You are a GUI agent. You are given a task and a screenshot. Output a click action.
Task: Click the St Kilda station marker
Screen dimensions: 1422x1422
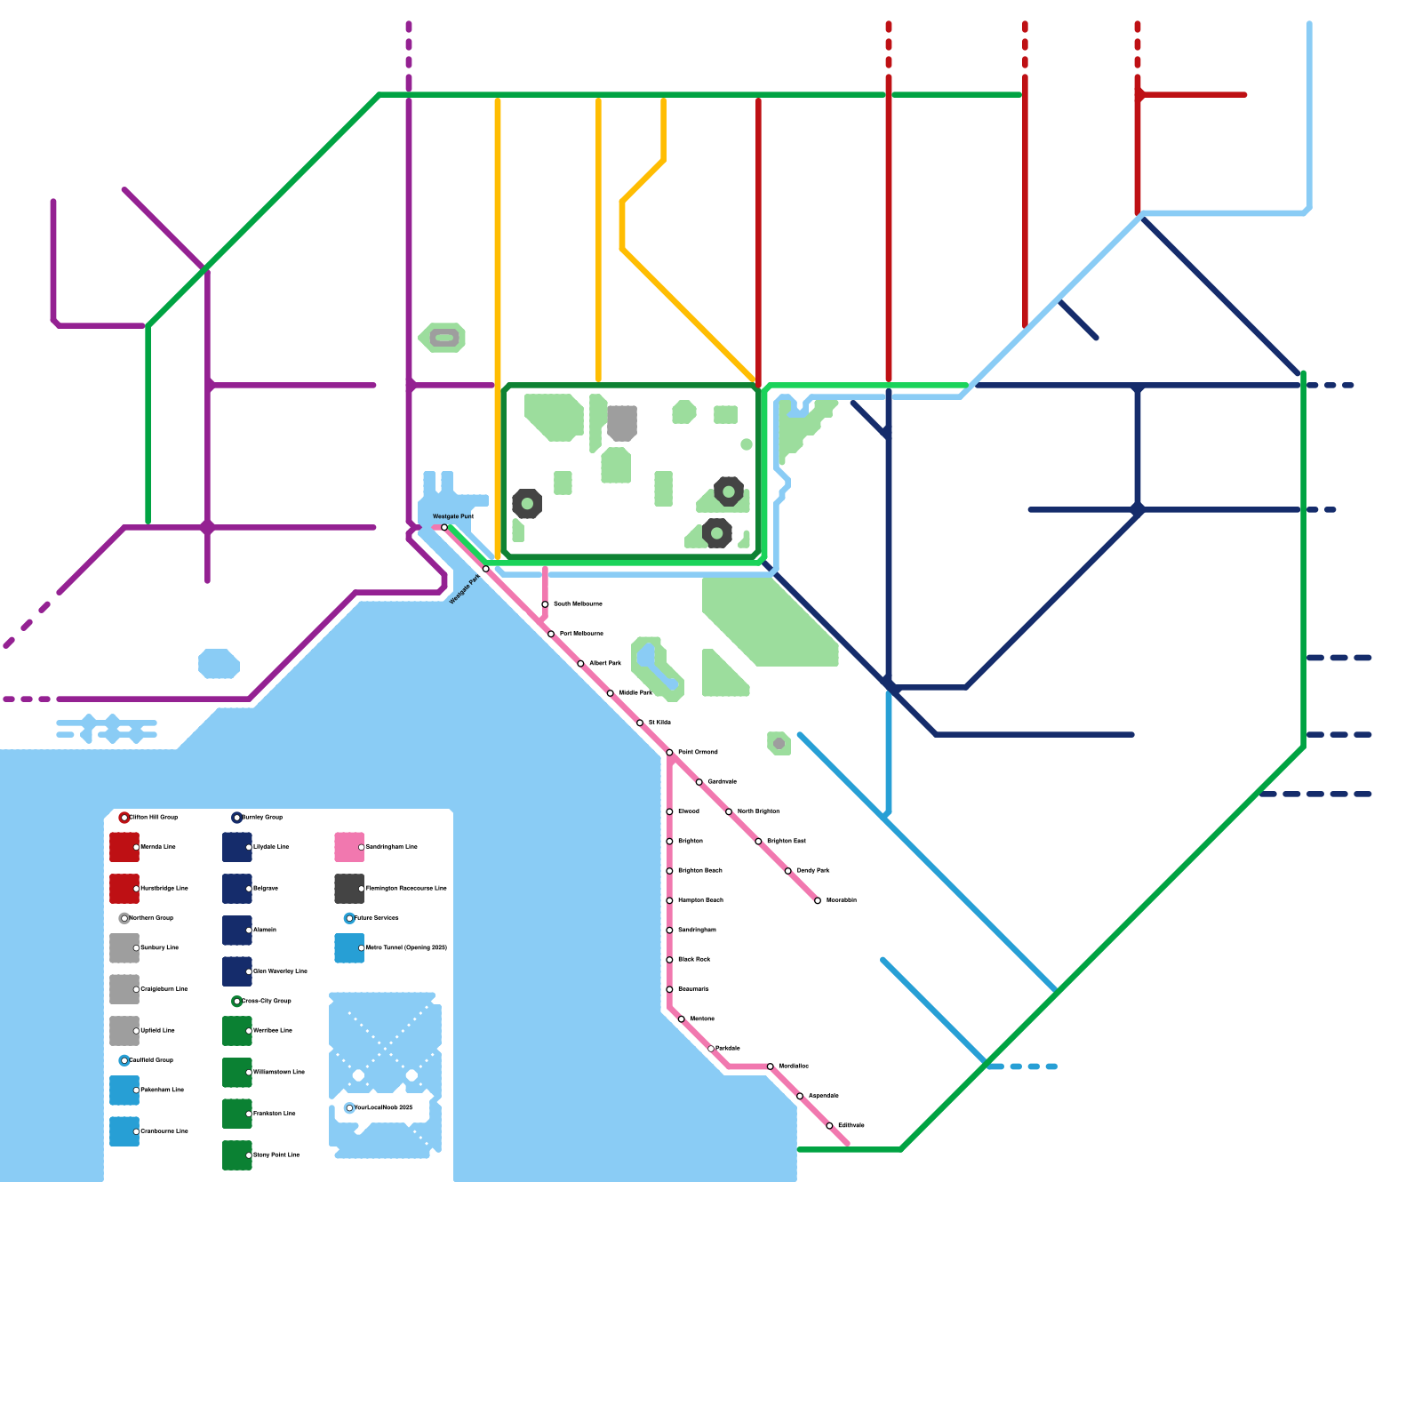(640, 723)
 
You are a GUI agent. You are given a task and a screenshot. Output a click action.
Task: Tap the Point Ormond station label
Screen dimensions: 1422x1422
(698, 752)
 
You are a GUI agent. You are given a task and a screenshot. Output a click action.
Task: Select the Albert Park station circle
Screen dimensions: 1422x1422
(580, 664)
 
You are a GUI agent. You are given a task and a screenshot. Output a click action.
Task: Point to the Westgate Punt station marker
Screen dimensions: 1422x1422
(444, 527)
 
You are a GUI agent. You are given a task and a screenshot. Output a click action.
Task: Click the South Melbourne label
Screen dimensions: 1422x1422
(578, 604)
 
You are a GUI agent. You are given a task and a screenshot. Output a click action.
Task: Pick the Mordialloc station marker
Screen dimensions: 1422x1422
(771, 1066)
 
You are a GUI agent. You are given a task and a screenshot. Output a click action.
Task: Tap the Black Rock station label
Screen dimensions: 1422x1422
(694, 960)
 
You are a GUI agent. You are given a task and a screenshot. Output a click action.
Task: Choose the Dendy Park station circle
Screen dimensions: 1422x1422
(788, 871)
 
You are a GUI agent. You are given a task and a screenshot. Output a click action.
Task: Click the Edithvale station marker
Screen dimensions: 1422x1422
(830, 1125)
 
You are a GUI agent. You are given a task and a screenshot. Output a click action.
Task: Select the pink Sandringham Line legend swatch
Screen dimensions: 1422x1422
(348, 847)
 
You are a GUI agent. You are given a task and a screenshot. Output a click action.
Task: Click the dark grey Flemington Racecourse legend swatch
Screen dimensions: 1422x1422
(348, 889)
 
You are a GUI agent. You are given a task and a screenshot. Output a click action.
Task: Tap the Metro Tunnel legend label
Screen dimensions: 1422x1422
(406, 948)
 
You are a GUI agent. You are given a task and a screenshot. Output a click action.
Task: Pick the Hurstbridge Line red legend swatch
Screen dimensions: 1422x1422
(124, 889)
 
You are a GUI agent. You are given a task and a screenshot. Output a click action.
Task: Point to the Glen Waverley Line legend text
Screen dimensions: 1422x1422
(280, 971)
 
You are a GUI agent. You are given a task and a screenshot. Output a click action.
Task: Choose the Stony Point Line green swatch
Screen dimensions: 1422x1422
(236, 1155)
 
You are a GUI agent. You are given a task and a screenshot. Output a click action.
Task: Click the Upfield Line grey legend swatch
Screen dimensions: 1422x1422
(124, 1031)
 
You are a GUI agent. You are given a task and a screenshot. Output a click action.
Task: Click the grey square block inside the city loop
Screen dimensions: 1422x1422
(622, 422)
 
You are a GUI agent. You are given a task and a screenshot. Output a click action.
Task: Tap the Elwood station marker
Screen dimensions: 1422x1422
(669, 811)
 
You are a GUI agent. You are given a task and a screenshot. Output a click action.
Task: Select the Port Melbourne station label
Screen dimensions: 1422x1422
(581, 634)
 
